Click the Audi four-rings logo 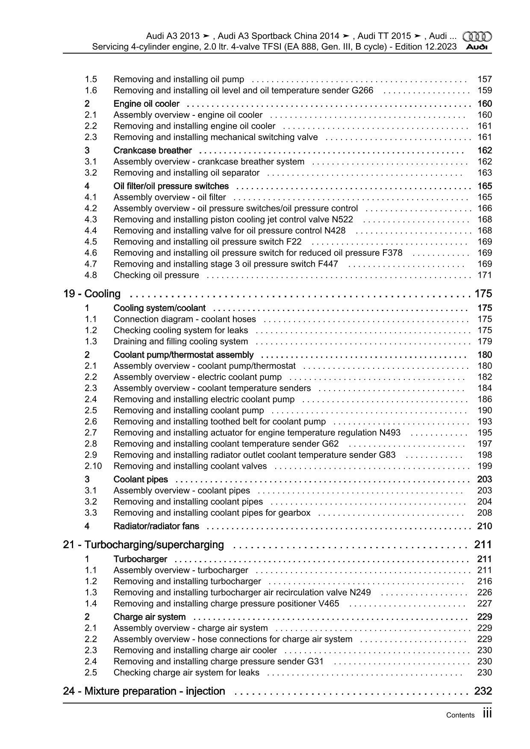tap(477, 36)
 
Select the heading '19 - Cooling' tap(92, 294)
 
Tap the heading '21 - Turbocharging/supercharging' tap(144, 545)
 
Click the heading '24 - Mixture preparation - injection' tap(144, 691)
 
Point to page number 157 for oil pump tap(484, 79)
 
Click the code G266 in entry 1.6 tap(362, 90)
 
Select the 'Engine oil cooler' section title tap(147, 104)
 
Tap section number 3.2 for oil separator tap(91, 173)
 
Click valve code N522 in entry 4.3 tap(342, 219)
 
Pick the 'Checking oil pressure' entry tap(156, 275)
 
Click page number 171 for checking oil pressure tap(484, 275)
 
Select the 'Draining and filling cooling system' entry tap(180, 341)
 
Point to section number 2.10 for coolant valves tap(93, 466)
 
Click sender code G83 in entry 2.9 tap(387, 455)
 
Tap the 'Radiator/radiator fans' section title tap(156, 526)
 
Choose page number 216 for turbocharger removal tap(484, 581)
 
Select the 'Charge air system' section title tap(149, 617)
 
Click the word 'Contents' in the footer tap(460, 715)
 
